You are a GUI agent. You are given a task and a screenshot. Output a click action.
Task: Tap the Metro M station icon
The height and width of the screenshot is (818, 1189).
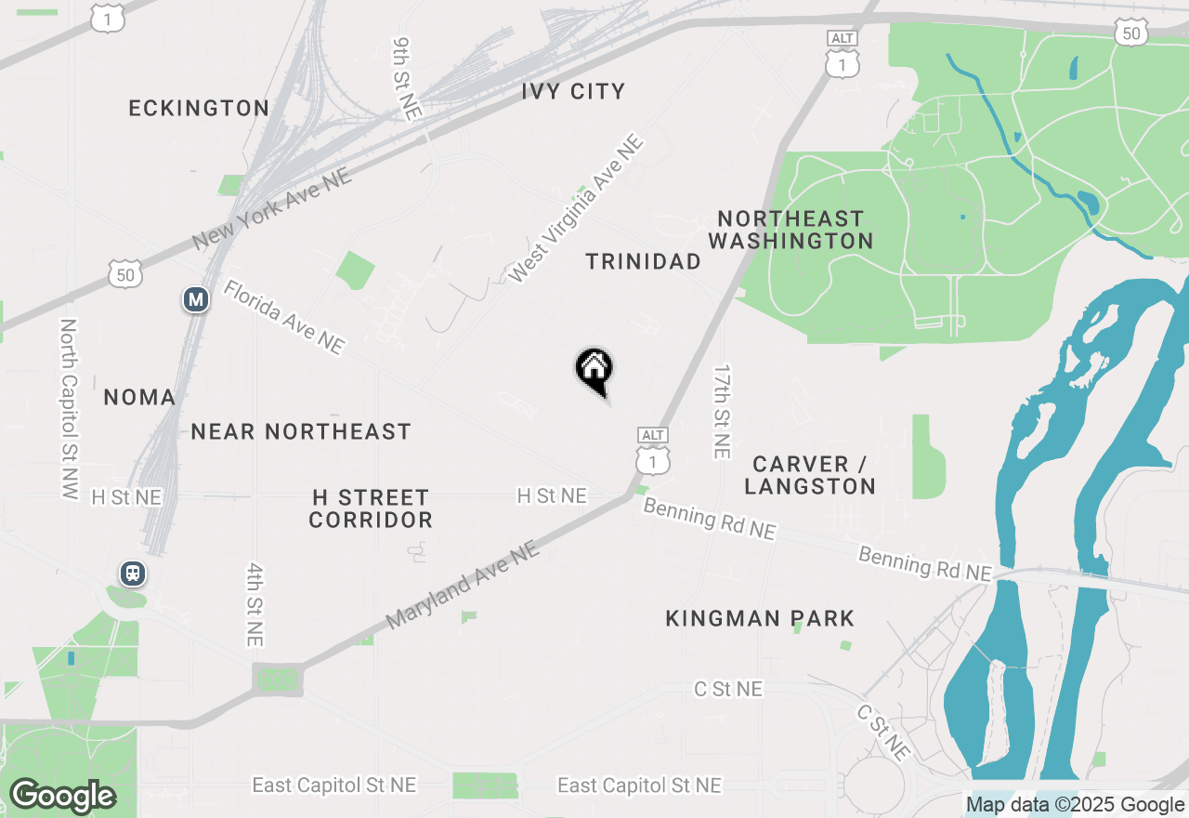[x=195, y=299]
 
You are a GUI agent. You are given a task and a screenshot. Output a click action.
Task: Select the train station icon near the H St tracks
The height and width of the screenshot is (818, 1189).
[x=133, y=573]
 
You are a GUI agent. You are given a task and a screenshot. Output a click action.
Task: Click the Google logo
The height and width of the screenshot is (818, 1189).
[x=62, y=796]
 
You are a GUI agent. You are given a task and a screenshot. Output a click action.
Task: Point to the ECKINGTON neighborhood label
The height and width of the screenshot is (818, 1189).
[x=199, y=108]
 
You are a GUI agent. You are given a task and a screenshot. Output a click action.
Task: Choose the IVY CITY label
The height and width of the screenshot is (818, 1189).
[x=573, y=91]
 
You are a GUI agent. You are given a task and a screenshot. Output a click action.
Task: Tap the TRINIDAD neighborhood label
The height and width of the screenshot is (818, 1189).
[x=644, y=261]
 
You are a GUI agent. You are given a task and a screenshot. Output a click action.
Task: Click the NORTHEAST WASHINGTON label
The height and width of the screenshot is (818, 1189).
[x=790, y=230]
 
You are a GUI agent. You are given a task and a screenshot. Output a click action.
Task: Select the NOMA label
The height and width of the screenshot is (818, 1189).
[x=139, y=397]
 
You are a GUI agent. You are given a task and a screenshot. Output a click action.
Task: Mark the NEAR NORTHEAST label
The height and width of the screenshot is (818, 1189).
[x=301, y=431]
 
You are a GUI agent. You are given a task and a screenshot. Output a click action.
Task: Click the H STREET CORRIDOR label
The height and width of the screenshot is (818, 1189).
[x=371, y=508]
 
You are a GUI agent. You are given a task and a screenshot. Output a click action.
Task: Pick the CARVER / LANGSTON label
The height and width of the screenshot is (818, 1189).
[x=810, y=475]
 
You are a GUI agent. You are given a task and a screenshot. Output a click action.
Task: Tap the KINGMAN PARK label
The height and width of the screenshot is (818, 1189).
[x=760, y=618]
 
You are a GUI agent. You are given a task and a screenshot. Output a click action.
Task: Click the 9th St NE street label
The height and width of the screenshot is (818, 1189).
[x=406, y=78]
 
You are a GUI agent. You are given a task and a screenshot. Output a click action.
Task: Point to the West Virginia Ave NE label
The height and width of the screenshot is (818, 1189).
[x=576, y=209]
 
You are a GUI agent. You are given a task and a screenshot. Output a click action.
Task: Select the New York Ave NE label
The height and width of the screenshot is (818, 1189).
[x=272, y=210]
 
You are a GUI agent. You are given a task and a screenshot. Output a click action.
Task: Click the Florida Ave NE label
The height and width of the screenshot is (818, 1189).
[x=283, y=317]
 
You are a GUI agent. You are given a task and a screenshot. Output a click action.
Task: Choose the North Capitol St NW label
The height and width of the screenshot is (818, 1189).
[x=68, y=409]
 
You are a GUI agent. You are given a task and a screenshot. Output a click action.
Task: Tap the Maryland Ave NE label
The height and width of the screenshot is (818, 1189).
[x=463, y=586]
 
